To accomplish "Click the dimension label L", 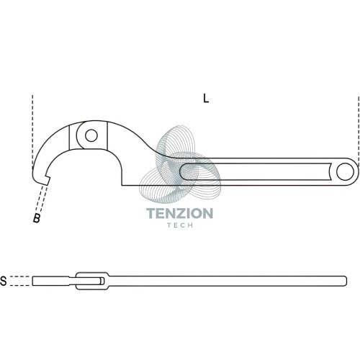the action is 206,99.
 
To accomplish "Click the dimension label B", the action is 37,218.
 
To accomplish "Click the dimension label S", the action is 4,281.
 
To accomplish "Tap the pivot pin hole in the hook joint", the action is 91,135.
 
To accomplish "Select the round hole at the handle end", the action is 345,171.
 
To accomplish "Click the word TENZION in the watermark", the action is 179,213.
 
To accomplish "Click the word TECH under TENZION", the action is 180,225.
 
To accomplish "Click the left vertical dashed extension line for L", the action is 32,131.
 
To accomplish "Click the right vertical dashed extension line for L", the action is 359,132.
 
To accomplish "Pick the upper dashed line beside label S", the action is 21,276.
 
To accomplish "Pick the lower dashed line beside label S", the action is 21,286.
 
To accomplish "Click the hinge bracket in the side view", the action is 92,281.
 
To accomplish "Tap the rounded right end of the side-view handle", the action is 345,281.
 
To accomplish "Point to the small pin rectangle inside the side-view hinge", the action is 102,281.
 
